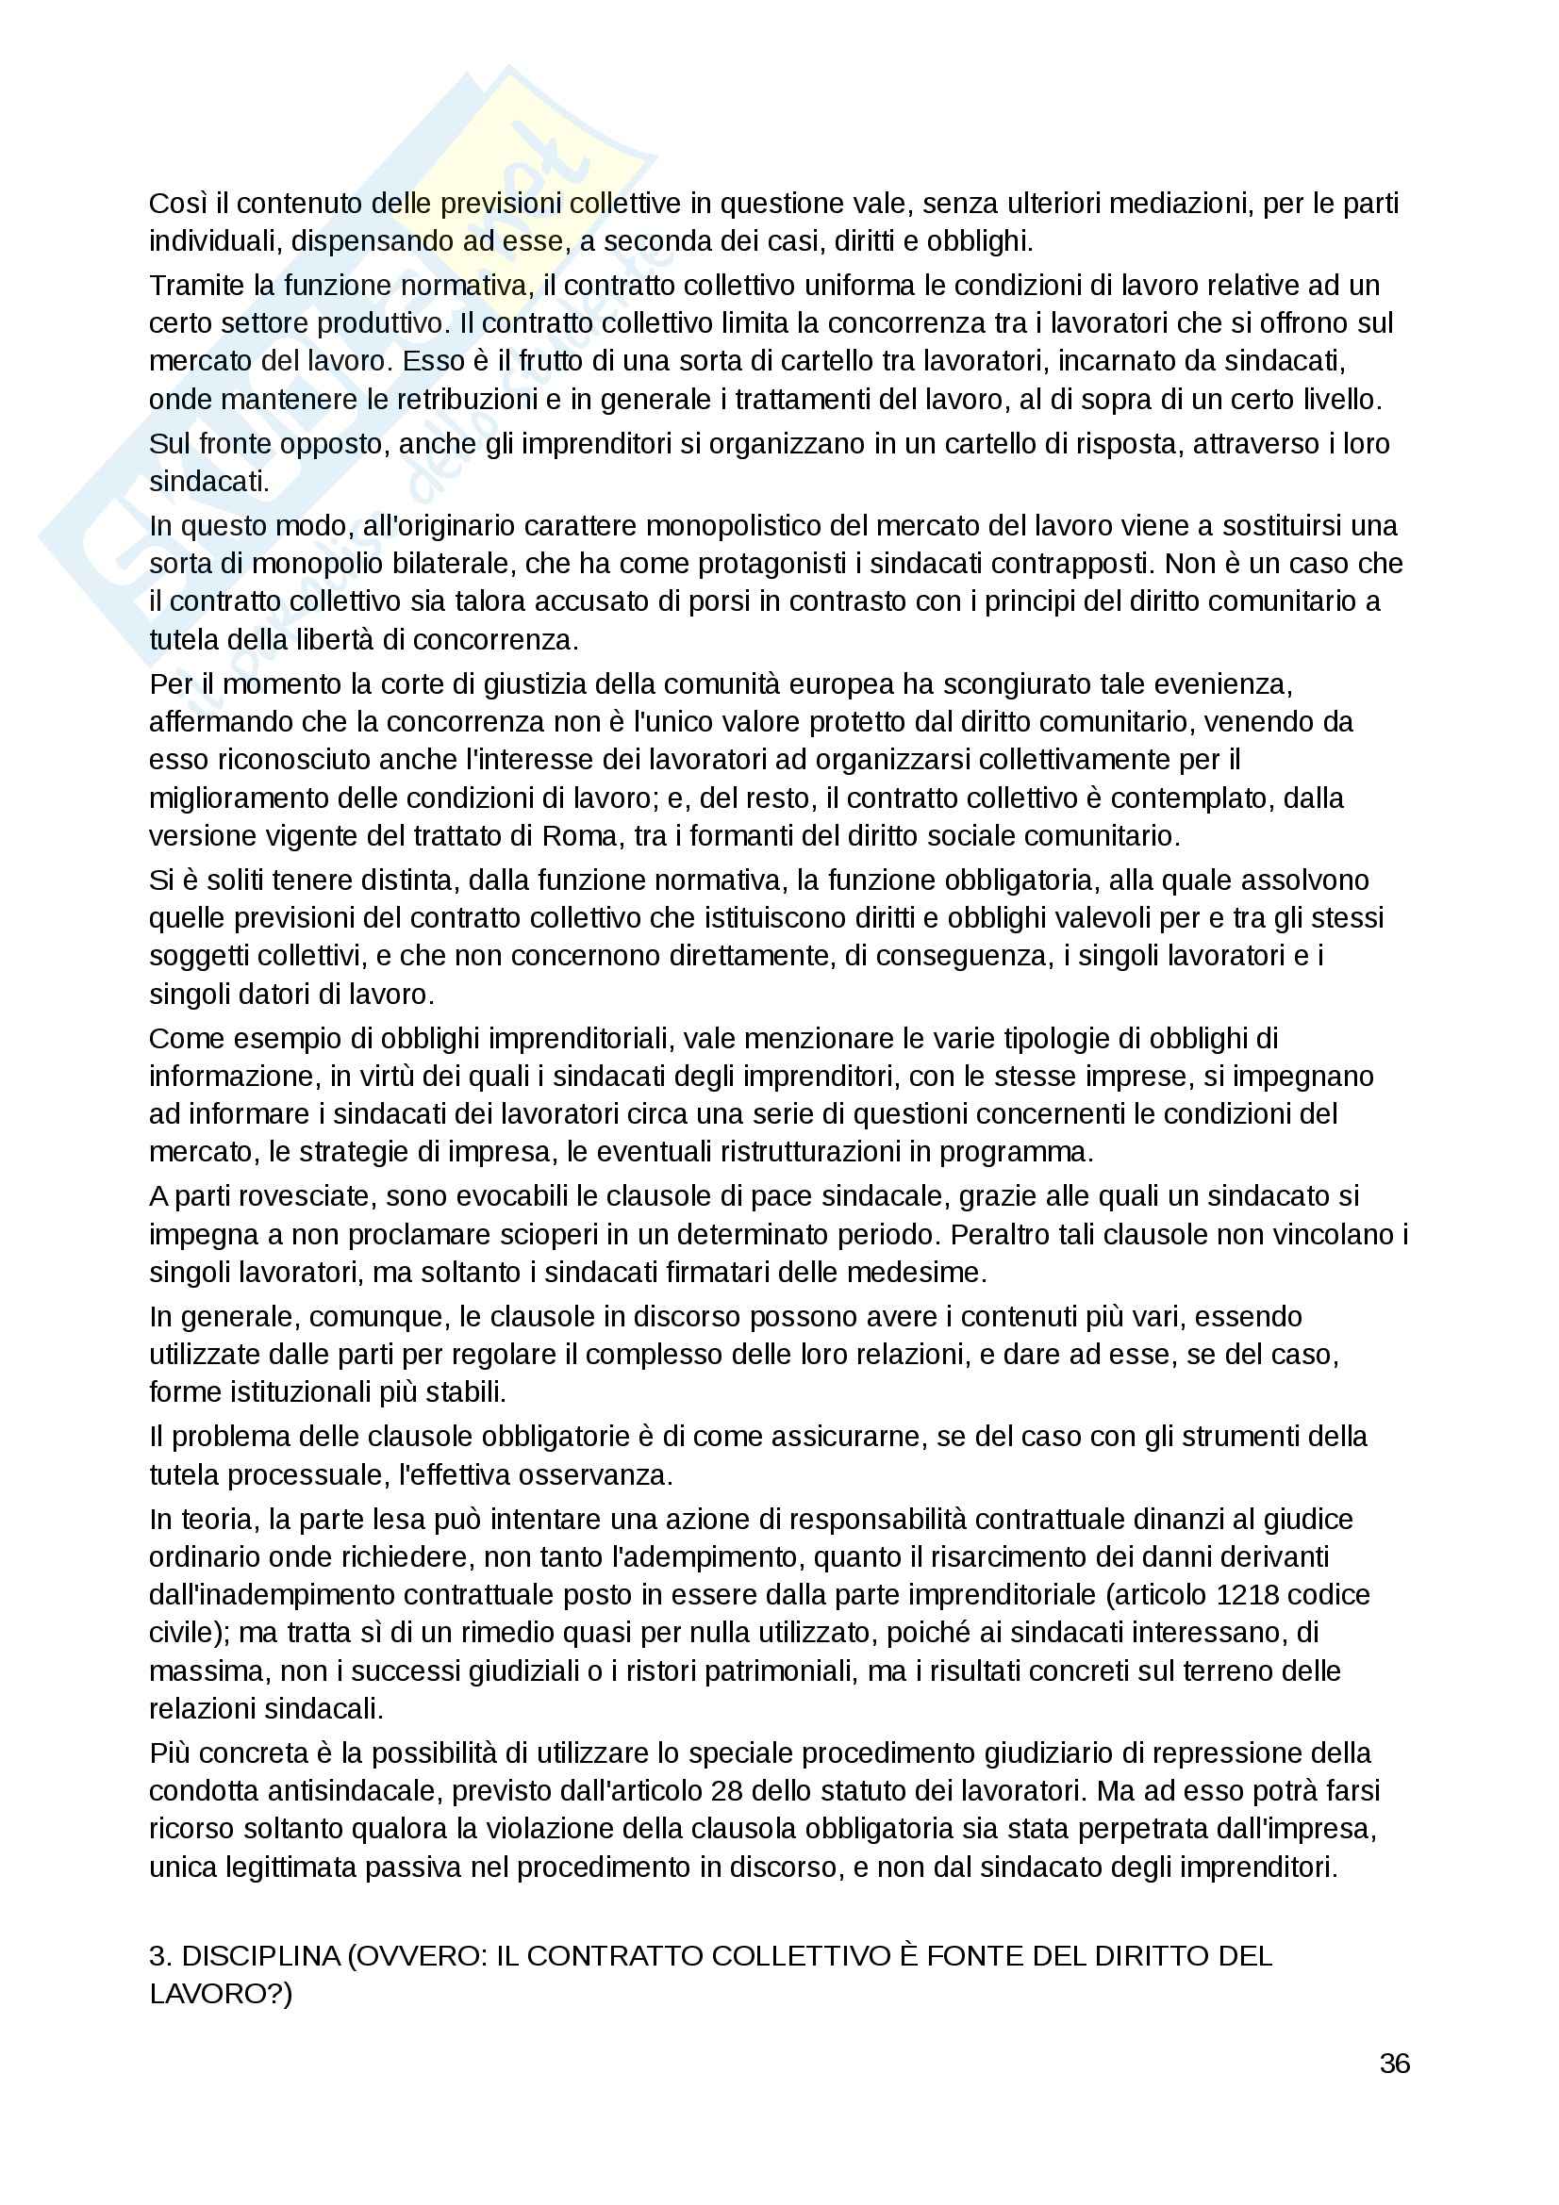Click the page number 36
point(1394,2064)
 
